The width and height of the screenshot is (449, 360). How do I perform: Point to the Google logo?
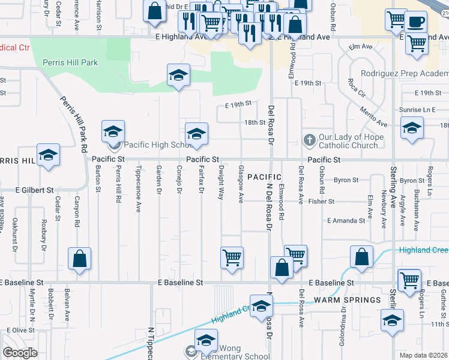click(20, 353)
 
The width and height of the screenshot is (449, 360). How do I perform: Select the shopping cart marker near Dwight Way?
click(232, 259)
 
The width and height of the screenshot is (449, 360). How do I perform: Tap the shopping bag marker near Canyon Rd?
click(79, 260)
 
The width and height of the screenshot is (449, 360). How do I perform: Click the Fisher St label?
click(321, 202)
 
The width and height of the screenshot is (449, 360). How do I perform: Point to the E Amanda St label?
click(346, 221)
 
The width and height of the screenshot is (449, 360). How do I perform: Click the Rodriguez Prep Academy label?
click(405, 73)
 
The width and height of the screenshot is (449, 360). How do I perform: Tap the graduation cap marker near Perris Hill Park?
click(178, 76)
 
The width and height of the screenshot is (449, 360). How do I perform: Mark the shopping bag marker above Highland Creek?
click(362, 258)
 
